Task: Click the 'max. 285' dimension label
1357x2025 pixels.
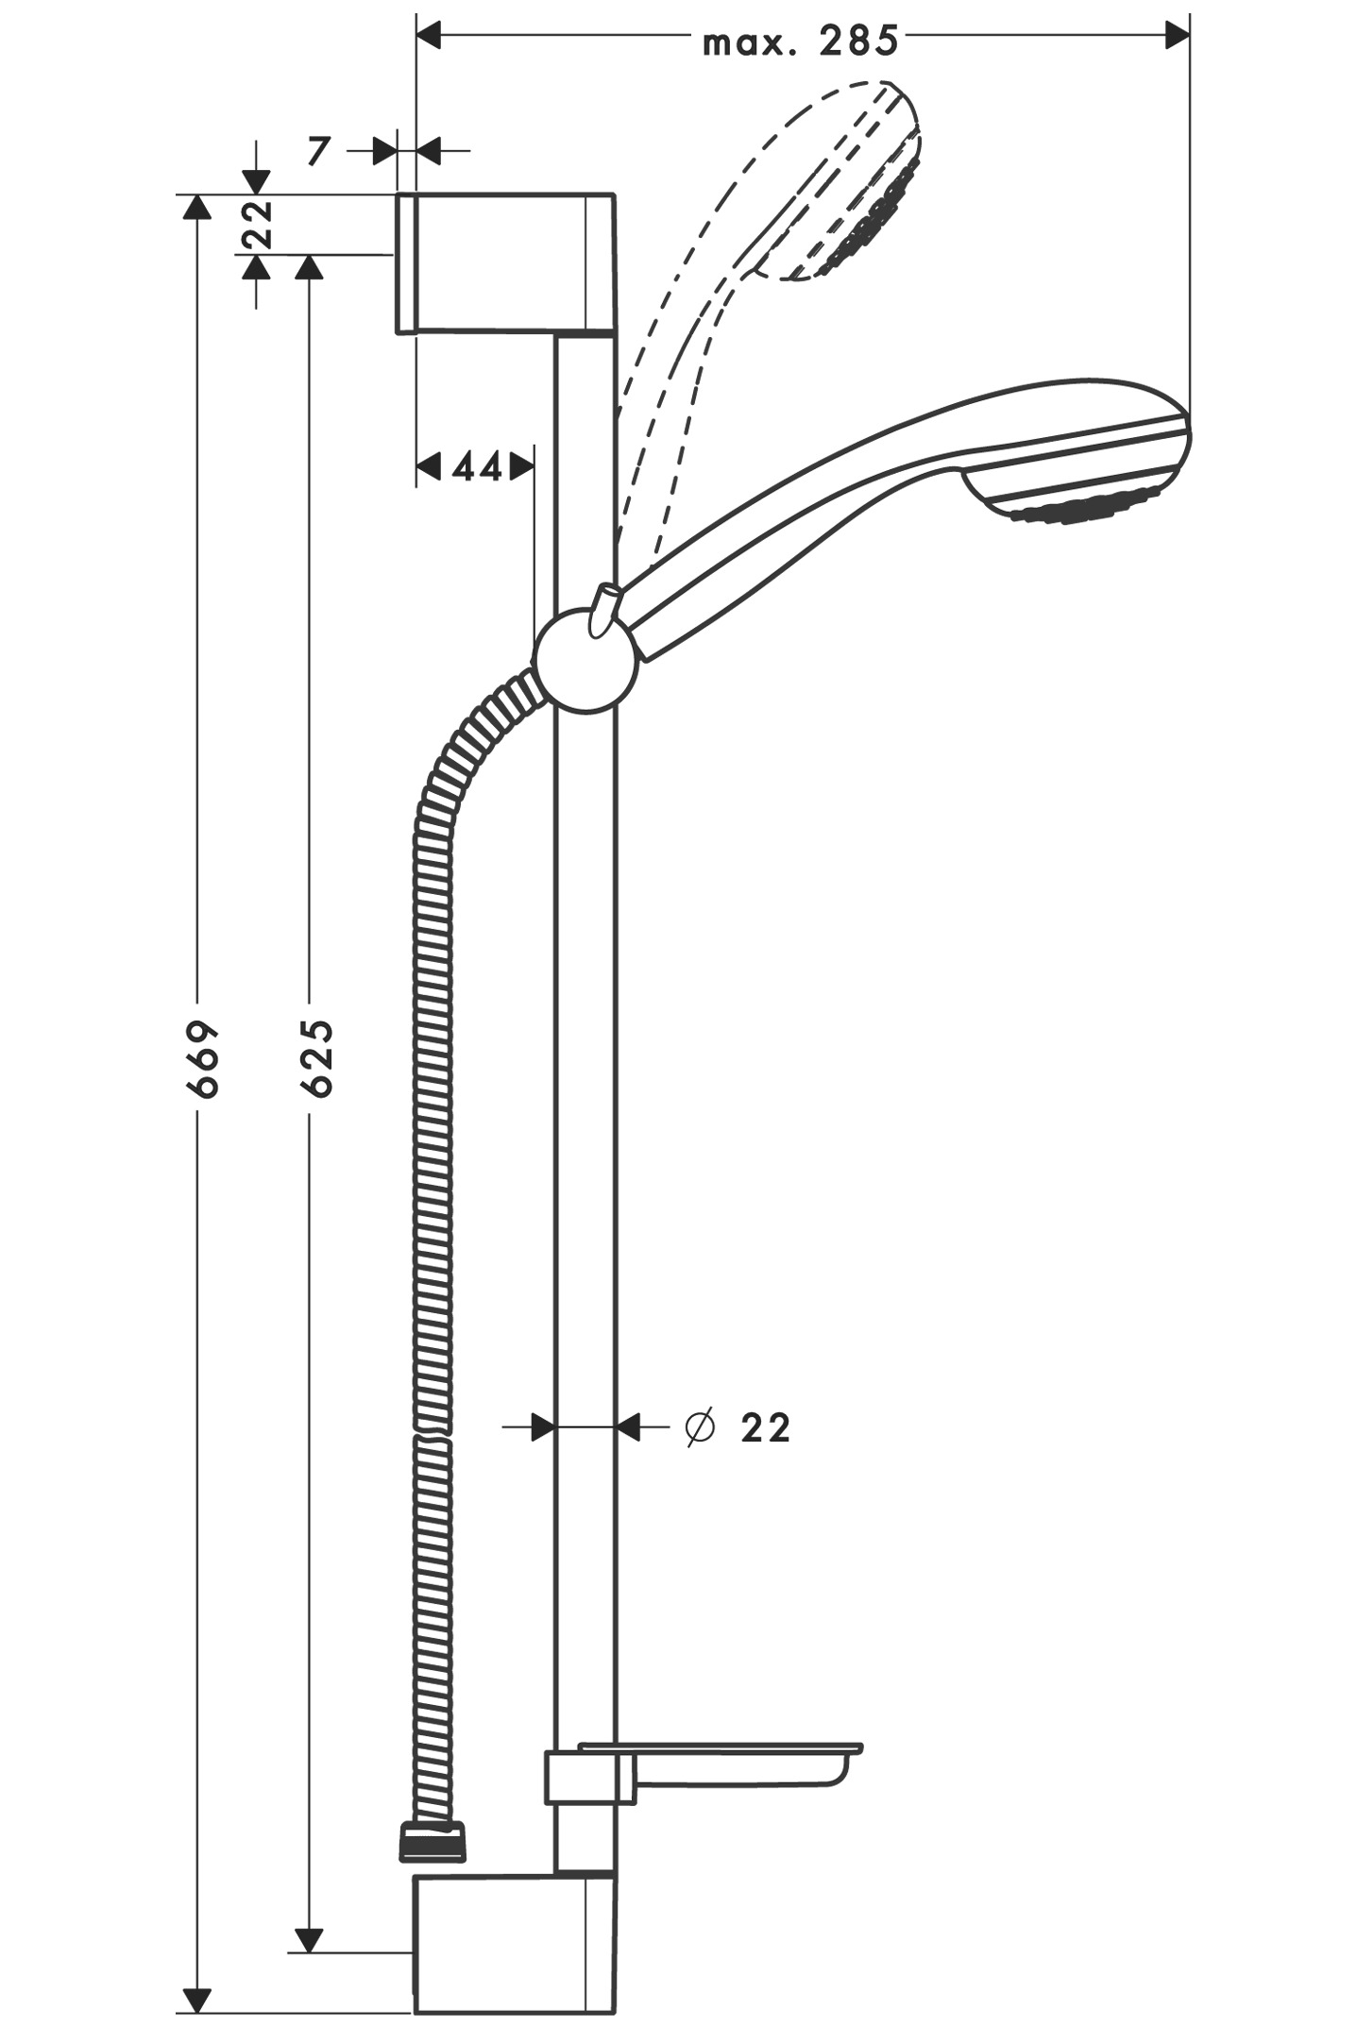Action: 800,42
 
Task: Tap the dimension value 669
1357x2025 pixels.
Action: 202,1058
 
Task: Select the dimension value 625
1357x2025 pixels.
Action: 317,1058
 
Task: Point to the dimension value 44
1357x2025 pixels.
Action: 477,465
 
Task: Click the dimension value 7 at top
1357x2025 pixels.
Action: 319,150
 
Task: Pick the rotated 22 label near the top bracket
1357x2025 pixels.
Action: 257,224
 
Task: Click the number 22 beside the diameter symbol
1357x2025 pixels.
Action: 765,1428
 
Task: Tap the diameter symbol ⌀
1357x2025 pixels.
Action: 699,1427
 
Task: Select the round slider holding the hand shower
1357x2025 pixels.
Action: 585,660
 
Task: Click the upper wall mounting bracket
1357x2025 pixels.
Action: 505,263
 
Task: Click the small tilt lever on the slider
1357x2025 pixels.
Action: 602,607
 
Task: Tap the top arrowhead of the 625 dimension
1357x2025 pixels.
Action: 309,268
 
